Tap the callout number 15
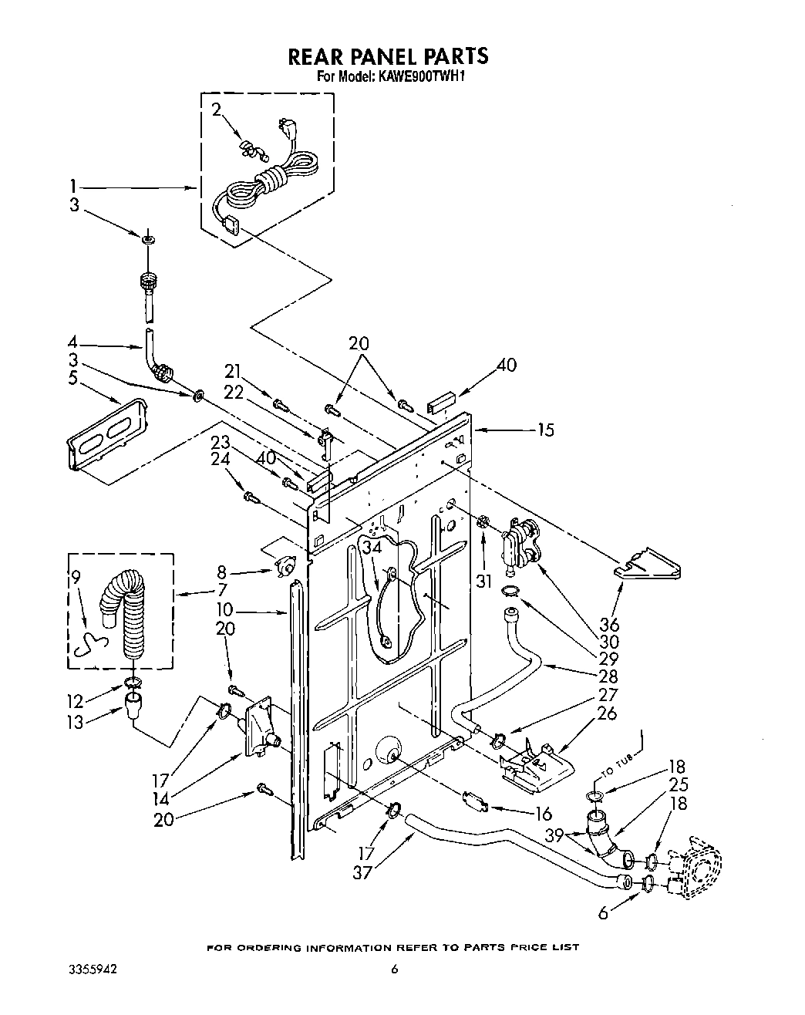[545, 430]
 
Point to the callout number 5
[73, 379]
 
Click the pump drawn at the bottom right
[698, 868]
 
